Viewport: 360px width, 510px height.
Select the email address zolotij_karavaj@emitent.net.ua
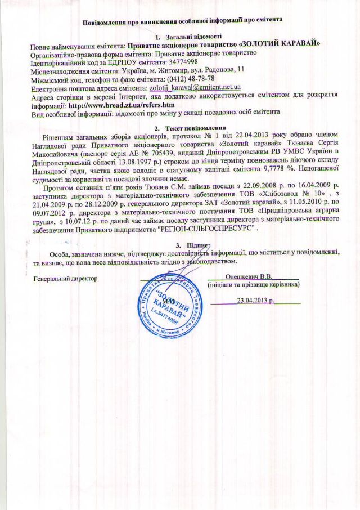pyautogui.click(x=195, y=88)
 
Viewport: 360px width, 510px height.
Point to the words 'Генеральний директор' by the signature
pyautogui.click(x=66, y=279)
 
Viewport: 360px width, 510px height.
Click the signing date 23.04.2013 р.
pyautogui.click(x=255, y=300)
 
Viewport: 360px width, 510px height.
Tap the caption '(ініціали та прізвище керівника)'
pyautogui.click(x=253, y=285)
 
